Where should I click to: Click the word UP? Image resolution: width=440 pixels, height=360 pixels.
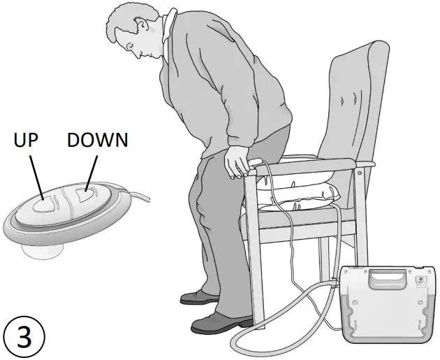[27, 140]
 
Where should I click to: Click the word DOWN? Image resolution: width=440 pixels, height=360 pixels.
[97, 140]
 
